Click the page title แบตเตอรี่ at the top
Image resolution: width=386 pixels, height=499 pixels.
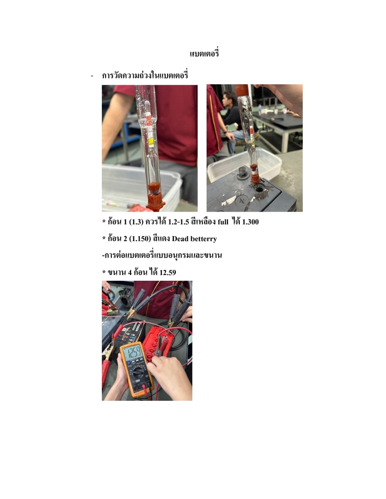tap(204, 54)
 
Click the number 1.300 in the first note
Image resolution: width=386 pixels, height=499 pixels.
tap(250, 222)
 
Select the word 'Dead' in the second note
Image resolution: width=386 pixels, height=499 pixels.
tap(180, 239)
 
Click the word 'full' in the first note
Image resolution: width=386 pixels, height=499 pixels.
tap(223, 222)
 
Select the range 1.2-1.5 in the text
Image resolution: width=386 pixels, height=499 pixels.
tap(178, 222)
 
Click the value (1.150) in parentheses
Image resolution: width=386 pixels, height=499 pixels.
tap(140, 239)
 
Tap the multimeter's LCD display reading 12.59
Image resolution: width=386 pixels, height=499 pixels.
tap(133, 352)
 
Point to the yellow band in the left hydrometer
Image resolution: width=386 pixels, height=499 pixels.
tap(151, 141)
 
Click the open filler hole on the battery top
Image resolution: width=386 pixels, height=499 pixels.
tap(260, 189)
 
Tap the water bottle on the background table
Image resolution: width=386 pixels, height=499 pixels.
tap(260, 110)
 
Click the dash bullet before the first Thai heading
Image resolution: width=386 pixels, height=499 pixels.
tap(92, 76)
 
